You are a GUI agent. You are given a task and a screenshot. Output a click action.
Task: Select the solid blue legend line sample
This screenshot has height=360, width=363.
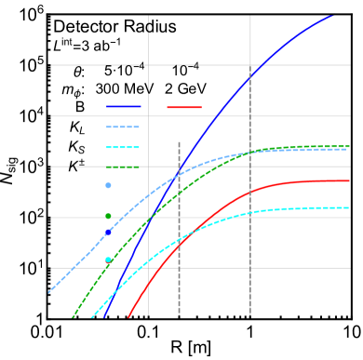coord(123,107)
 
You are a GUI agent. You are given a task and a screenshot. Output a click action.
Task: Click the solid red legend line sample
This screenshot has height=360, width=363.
coord(184,107)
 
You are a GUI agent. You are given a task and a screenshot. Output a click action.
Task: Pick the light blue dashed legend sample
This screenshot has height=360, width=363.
coord(123,127)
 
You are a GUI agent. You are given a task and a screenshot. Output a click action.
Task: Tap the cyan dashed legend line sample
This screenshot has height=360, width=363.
coord(123,147)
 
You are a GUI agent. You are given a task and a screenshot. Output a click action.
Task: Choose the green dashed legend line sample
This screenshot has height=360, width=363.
coord(123,167)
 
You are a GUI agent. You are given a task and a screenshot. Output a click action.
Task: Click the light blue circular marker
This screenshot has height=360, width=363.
coord(108,186)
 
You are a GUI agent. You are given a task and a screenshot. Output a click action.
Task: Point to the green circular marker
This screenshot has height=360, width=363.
coord(108,216)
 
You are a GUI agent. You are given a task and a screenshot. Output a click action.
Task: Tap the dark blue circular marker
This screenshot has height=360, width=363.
coord(108,233)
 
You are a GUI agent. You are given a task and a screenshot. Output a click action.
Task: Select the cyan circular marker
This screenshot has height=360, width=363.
coord(108,260)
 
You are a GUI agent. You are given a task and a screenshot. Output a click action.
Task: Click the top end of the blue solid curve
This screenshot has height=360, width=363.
coord(332,15)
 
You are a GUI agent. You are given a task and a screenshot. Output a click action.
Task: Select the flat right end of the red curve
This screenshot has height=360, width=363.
coord(347,180)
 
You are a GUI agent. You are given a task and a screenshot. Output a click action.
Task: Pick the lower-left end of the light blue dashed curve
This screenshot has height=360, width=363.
coord(49,292)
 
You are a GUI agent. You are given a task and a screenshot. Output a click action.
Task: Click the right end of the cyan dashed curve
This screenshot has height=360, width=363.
coord(348,207)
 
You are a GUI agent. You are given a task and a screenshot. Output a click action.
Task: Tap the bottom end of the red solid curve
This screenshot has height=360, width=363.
coord(128,316)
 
